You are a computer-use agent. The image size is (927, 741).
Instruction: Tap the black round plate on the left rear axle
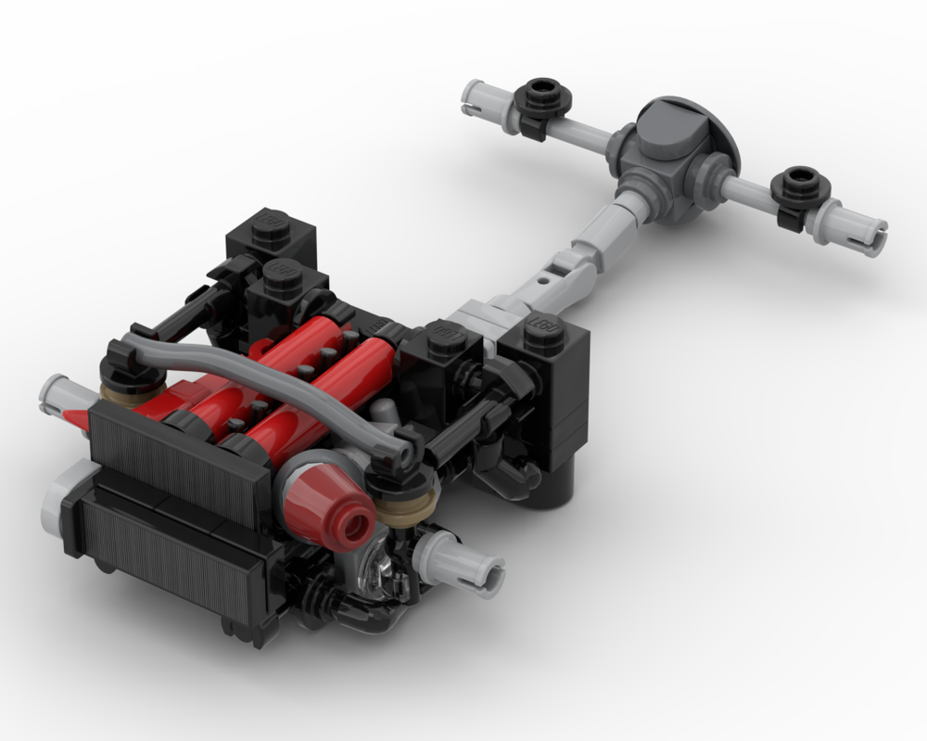click(x=540, y=96)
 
